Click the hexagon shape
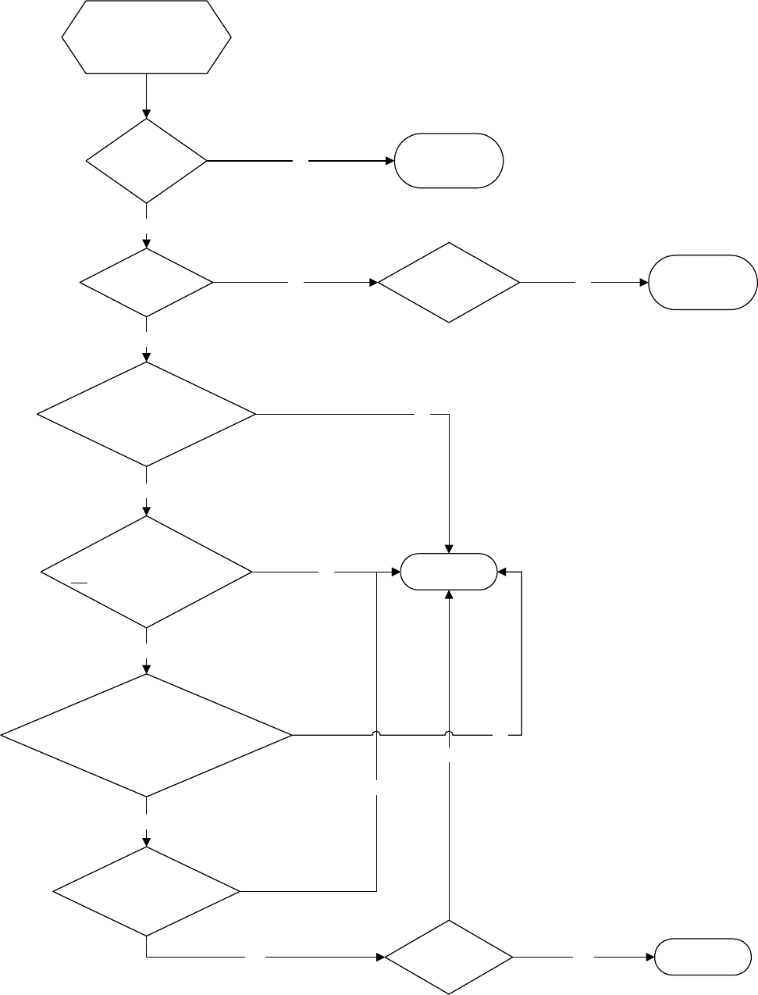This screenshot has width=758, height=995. (x=146, y=37)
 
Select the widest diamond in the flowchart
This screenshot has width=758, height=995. (x=146, y=735)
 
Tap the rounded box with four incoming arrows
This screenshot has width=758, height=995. (x=449, y=572)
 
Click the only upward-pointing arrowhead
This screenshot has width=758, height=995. (x=449, y=594)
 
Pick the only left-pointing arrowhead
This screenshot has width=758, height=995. (x=503, y=572)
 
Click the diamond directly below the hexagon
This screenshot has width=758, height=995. (x=146, y=161)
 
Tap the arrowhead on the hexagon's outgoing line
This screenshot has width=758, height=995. (x=146, y=114)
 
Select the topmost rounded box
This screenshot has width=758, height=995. (x=449, y=161)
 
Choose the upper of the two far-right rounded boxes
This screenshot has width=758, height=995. (x=703, y=282)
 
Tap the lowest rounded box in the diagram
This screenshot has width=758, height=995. (x=698, y=957)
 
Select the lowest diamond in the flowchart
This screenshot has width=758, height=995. (x=449, y=957)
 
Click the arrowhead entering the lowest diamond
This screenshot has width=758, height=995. (x=380, y=957)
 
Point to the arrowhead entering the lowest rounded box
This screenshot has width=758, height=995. (x=649, y=957)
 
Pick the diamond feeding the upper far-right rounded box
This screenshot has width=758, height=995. (x=449, y=282)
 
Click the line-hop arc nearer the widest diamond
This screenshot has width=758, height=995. (x=377, y=734)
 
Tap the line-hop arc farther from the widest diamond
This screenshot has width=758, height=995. (x=449, y=734)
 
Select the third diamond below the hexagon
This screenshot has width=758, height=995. (x=146, y=413)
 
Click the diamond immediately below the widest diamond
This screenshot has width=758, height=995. (x=146, y=891)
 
